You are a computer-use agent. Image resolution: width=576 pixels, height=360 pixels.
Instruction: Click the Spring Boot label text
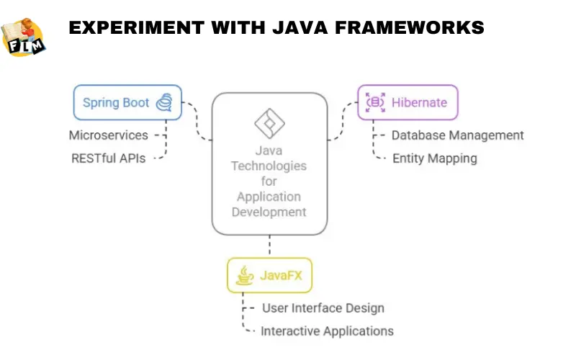[115, 102]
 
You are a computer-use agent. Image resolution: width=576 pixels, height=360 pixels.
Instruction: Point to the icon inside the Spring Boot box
[165, 102]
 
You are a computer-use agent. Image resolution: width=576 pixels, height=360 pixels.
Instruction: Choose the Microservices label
[108, 135]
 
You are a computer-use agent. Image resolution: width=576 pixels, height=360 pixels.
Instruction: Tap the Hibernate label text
[419, 102]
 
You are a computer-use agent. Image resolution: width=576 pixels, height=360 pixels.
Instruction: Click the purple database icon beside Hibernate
[375, 102]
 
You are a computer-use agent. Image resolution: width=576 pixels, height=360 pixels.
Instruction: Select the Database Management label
[457, 135]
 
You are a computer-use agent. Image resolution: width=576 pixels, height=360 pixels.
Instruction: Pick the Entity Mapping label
[434, 158]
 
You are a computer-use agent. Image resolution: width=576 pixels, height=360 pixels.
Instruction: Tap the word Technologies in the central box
[269, 166]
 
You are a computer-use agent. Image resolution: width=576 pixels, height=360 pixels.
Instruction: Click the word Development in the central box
[269, 212]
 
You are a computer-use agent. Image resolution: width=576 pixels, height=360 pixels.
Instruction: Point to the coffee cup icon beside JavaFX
[246, 275]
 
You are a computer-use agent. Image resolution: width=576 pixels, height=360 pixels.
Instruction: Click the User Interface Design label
[323, 307]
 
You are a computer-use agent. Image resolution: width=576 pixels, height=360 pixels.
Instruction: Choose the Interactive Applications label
[327, 331]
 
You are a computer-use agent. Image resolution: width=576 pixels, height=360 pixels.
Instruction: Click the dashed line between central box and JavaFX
[269, 245]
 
